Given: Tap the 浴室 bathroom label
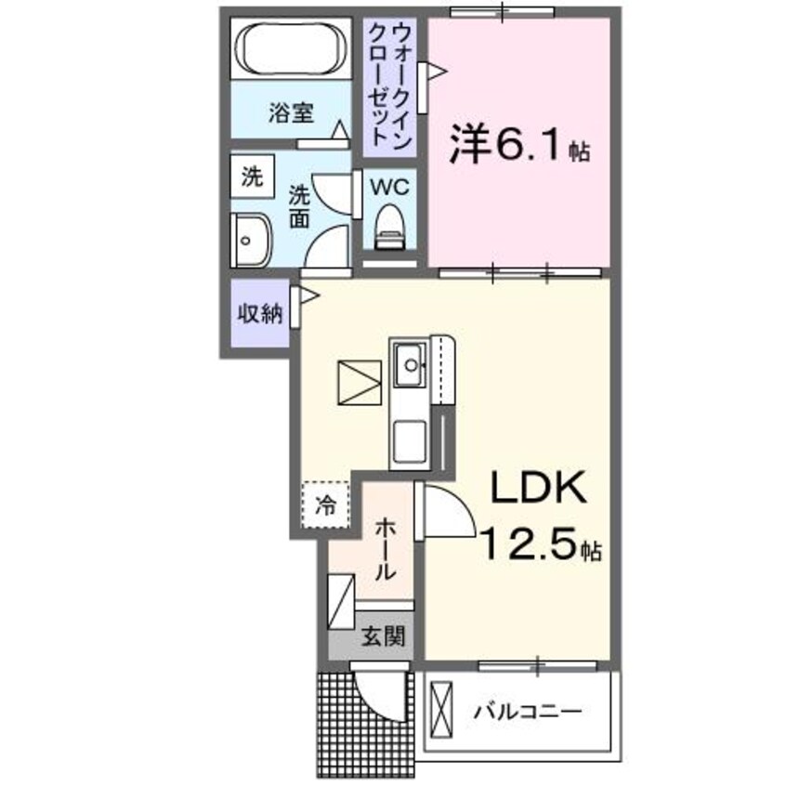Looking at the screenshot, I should click(291, 113).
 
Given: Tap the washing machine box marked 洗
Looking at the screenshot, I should click(253, 177).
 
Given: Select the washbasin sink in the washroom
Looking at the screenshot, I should click(249, 239).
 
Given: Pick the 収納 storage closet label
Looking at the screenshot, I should click(257, 314).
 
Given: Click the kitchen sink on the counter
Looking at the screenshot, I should click(409, 366).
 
